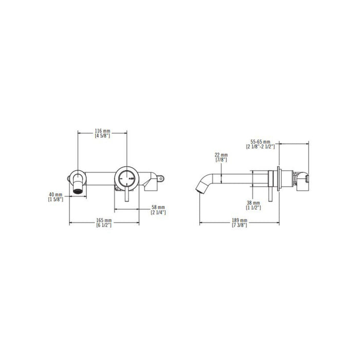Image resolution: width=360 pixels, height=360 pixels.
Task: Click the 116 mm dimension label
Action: point(103,131)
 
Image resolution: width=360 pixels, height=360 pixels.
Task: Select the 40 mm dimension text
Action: point(56,195)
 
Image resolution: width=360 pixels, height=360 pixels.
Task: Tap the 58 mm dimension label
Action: point(158,208)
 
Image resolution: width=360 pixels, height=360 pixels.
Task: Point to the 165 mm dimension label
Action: point(104,221)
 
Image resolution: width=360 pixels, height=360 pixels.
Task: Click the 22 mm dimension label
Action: point(221,155)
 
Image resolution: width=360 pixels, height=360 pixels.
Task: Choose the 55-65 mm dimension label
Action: point(260,141)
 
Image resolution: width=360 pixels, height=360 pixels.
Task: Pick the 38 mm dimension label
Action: point(254,203)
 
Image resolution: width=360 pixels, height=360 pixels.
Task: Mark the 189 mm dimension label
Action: point(240,221)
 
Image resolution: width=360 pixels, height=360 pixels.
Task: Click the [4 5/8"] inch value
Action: point(103,136)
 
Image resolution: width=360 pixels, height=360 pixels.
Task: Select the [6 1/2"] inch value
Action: point(104,225)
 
